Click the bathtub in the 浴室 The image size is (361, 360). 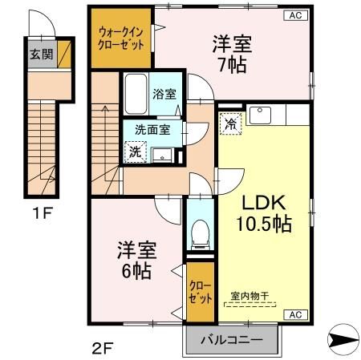point(136,95)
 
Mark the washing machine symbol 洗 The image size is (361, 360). point(135,151)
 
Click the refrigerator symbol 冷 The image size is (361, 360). point(230,124)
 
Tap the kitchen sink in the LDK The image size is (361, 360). point(261,115)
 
